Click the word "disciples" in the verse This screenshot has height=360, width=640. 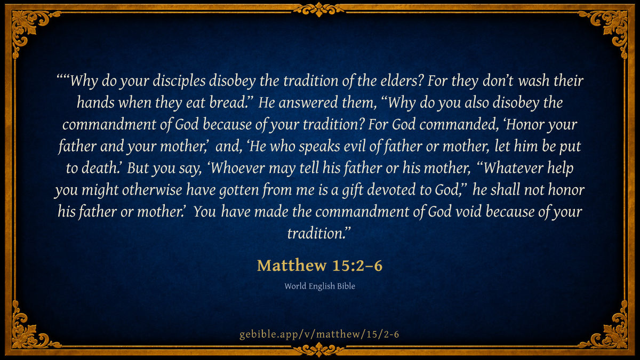pos(179,81)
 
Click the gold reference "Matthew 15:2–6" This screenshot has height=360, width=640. pos(319,266)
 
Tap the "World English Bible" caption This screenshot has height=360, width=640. pos(319,286)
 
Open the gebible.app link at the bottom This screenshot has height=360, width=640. pos(319,334)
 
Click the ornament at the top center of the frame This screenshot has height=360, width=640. pos(319,9)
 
